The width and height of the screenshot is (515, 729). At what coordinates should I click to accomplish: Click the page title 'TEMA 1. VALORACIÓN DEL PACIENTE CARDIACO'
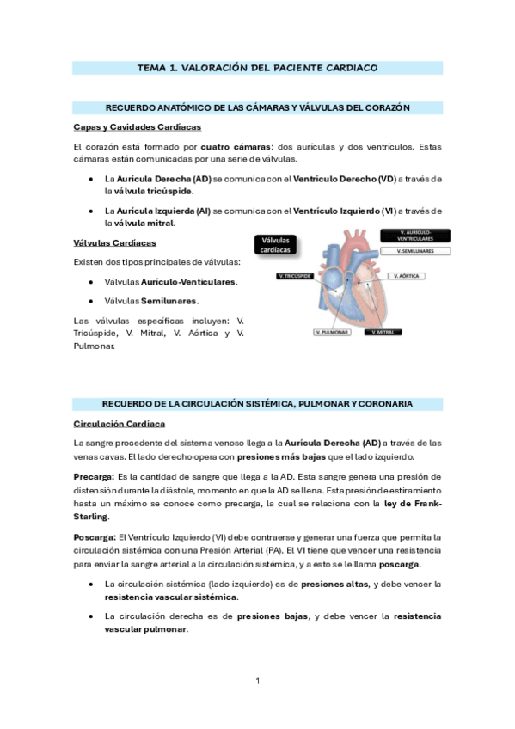coord(257,67)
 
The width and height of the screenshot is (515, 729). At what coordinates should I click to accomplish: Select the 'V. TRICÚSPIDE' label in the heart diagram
coord(296,276)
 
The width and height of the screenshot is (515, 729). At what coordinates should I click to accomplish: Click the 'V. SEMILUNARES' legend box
coord(415,251)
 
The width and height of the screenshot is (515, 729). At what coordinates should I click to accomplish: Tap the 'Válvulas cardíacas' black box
coord(276,244)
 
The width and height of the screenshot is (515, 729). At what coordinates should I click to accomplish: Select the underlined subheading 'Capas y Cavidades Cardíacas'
coord(138,127)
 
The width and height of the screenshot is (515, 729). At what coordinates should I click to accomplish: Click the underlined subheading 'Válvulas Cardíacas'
coord(115,242)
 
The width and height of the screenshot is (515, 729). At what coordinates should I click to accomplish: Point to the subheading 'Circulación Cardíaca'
coord(120,424)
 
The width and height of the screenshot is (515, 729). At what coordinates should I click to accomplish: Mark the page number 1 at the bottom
coord(257,681)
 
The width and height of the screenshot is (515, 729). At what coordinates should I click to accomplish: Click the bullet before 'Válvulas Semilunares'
coord(92,301)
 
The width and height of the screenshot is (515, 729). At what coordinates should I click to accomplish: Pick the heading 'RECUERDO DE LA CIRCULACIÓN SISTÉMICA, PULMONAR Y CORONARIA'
coord(257,403)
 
